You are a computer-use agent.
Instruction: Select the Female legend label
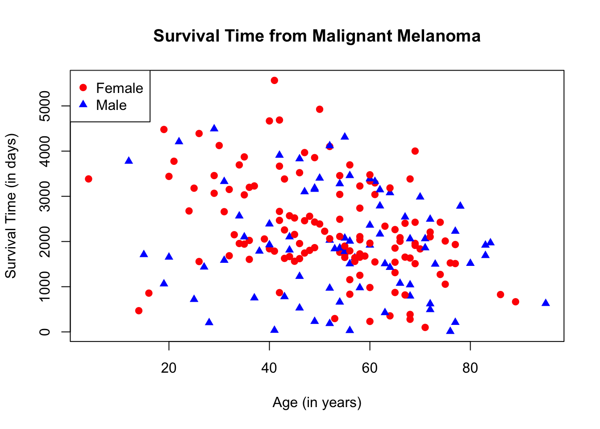click(x=119, y=88)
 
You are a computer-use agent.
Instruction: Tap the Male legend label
click(x=111, y=105)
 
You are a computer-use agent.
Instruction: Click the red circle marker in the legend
click(x=83, y=88)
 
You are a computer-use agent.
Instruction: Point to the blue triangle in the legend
click(x=83, y=104)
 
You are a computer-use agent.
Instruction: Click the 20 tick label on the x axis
click(x=169, y=368)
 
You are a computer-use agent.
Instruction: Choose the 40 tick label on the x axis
click(x=269, y=368)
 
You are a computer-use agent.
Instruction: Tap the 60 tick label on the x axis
click(x=370, y=368)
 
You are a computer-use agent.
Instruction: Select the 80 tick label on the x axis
click(x=470, y=368)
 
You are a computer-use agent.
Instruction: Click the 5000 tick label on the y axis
click(x=45, y=106)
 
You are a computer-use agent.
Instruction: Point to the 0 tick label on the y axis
click(x=45, y=332)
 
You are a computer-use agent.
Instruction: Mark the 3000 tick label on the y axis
click(x=45, y=196)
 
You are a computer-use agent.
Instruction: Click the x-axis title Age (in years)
click(x=317, y=402)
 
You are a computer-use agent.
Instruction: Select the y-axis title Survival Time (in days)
click(x=11, y=206)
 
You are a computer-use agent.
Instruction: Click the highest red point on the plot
click(x=274, y=80)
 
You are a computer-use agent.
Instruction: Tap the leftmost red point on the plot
click(x=88, y=179)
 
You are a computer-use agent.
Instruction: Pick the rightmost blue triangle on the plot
click(x=546, y=303)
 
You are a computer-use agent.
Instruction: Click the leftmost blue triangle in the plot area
click(x=129, y=160)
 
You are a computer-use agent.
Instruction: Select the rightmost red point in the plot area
click(x=516, y=302)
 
